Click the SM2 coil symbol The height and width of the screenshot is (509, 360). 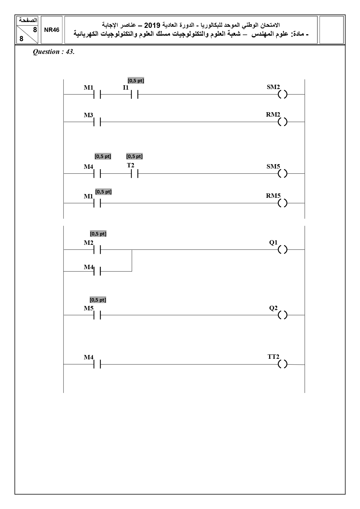(283, 95)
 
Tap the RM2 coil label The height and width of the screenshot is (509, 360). (273, 115)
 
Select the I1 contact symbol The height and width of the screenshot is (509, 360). (134, 95)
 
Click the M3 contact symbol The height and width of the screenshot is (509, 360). (97, 122)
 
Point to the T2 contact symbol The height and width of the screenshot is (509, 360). (134, 174)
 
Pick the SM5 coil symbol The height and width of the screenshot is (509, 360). (283, 174)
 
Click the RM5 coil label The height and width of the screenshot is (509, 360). (273, 196)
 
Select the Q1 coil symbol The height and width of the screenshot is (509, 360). (283, 249)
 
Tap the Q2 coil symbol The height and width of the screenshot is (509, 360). (283, 315)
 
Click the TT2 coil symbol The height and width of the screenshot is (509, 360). (283, 364)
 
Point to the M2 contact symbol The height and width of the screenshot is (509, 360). (97, 249)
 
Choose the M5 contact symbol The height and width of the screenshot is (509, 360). (97, 315)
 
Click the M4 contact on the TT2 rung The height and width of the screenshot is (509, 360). (97, 364)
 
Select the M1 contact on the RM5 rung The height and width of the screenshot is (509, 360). (97, 203)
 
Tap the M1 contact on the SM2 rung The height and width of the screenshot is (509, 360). (97, 95)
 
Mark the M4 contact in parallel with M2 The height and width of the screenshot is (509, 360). (97, 271)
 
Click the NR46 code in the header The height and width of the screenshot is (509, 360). (52, 30)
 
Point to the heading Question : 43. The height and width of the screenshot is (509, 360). (54, 52)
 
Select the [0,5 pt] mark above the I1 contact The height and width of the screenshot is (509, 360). (136, 81)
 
